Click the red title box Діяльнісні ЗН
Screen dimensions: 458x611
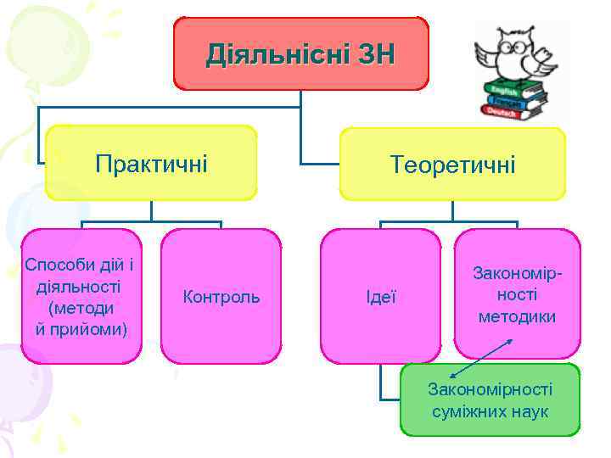point(301,54)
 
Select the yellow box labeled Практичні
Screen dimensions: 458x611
point(151,162)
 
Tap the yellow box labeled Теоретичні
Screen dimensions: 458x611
point(452,164)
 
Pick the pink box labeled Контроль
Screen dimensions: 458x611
point(221,297)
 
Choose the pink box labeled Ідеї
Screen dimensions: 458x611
point(380,297)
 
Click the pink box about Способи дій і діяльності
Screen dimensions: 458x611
point(81,296)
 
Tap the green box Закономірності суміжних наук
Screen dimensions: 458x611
point(490,399)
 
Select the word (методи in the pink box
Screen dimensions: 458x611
point(81,306)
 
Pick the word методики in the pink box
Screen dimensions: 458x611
point(517,317)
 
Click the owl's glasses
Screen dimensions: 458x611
point(515,47)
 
